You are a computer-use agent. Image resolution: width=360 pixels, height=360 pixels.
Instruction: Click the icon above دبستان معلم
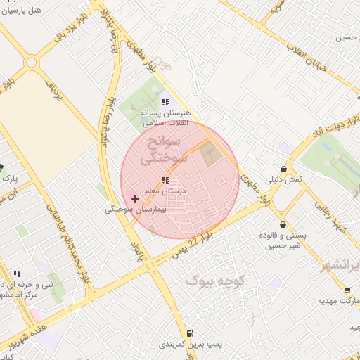click(x=165, y=181)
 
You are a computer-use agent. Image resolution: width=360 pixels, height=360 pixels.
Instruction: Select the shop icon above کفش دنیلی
click(x=283, y=169)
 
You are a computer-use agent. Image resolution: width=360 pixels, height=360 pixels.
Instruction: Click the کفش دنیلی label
click(x=283, y=180)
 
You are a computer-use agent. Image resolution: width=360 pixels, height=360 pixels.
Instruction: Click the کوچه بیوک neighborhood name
click(x=214, y=281)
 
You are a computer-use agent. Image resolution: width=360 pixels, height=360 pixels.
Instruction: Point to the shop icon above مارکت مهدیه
click(x=347, y=289)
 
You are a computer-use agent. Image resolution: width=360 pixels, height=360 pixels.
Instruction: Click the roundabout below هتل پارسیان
click(x=31, y=62)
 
